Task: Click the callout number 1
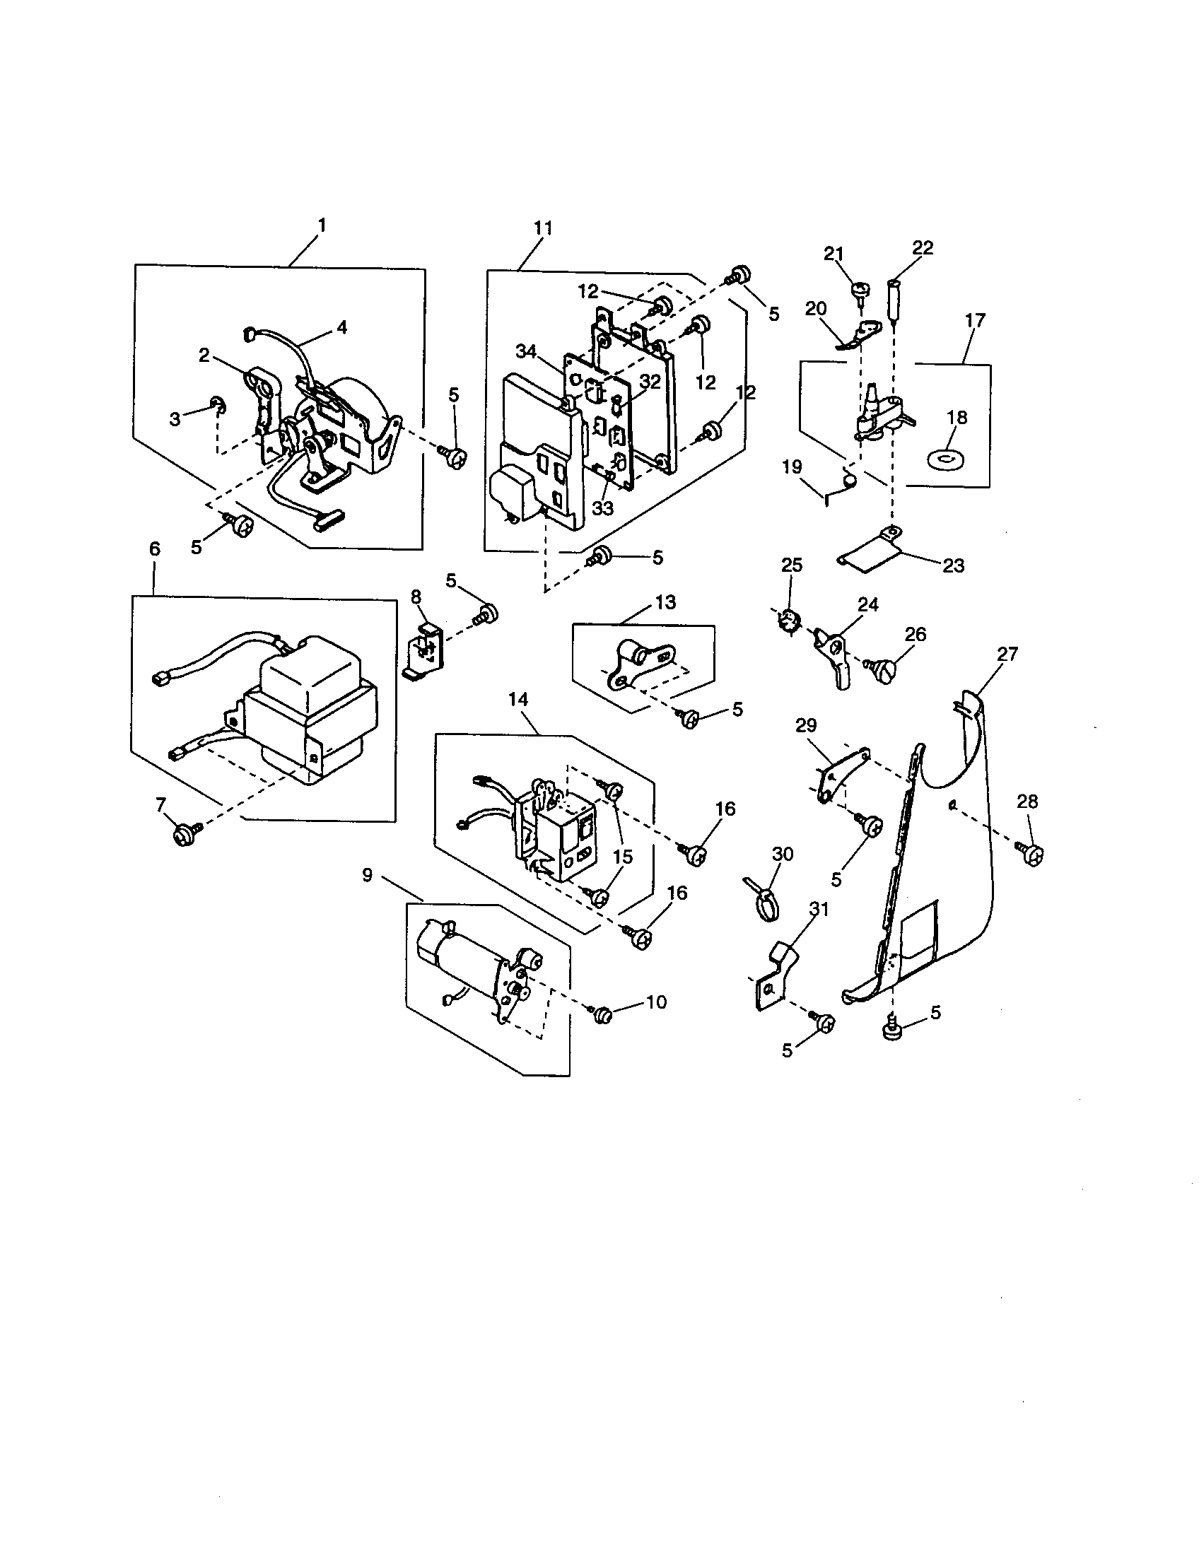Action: (322, 225)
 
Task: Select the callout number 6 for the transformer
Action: (155, 549)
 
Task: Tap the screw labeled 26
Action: (884, 670)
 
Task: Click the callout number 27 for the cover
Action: (1007, 654)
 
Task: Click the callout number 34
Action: (525, 352)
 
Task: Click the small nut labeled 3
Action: (217, 406)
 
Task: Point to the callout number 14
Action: (518, 699)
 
